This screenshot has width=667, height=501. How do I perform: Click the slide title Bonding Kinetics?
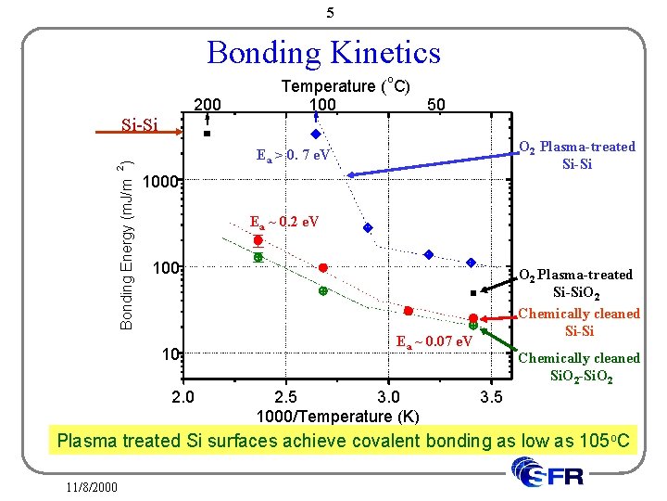click(x=323, y=52)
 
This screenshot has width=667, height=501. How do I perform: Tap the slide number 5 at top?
click(x=330, y=13)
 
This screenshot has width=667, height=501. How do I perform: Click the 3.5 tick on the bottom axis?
click(x=492, y=398)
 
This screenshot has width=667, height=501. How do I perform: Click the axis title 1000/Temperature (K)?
click(x=337, y=416)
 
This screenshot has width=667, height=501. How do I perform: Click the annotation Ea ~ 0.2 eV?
click(x=284, y=222)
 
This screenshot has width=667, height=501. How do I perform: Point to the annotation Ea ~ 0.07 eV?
click(x=434, y=342)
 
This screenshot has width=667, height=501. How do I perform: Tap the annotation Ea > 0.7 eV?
click(x=293, y=154)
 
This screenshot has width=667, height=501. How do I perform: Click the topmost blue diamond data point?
click(x=315, y=134)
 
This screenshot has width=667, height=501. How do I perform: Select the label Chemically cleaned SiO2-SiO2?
click(x=578, y=366)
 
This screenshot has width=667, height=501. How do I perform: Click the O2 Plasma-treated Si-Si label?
click(x=577, y=155)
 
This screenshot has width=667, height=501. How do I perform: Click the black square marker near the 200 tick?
click(x=208, y=134)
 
